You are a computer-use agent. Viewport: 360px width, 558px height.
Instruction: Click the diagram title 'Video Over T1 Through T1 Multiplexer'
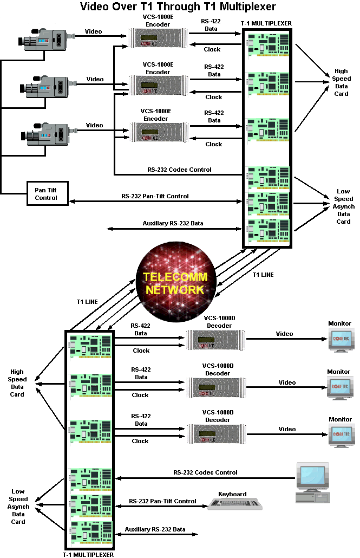[x=178, y=7]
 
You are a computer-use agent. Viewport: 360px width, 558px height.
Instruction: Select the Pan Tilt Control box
[x=47, y=193]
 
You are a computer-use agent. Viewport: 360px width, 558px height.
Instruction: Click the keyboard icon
[x=235, y=504]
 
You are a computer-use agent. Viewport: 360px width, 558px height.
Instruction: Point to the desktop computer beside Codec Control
[x=312, y=483]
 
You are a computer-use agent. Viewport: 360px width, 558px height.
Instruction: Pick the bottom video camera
[x=49, y=134]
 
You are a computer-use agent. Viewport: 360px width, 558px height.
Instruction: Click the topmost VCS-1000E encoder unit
[x=158, y=38]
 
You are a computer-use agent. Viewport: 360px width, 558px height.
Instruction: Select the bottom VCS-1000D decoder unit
[x=217, y=434]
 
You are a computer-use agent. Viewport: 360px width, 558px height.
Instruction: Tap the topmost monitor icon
[x=341, y=340]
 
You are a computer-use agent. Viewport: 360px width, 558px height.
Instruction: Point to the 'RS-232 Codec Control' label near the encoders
[x=179, y=170]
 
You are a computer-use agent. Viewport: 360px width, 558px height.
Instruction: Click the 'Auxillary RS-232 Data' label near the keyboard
[x=155, y=529]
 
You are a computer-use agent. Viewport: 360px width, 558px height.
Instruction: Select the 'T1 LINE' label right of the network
[x=263, y=275]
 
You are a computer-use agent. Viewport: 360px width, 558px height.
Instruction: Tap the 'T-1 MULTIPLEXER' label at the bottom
[x=88, y=554]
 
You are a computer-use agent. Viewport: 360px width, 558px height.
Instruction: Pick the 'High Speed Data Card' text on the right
[x=342, y=82]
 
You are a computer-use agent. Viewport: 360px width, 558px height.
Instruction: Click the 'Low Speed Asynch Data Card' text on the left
[x=18, y=507]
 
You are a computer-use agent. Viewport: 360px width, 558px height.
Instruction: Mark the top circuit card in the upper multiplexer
[x=268, y=45]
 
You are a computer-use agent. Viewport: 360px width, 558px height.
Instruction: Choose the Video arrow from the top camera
[x=101, y=36]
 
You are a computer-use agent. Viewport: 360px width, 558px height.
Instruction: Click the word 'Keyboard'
[x=232, y=494]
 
